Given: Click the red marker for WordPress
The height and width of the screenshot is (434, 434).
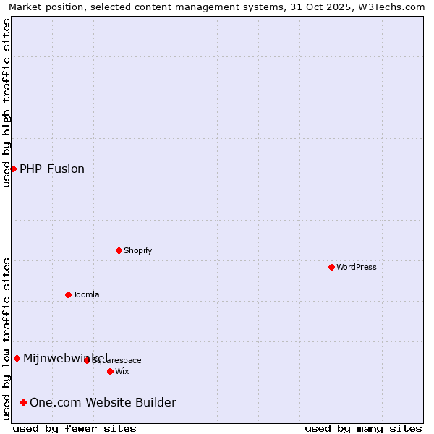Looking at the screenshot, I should (x=331, y=267).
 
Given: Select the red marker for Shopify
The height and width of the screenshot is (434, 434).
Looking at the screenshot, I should (x=119, y=250).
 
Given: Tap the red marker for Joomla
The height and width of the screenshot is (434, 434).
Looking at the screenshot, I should (x=68, y=294).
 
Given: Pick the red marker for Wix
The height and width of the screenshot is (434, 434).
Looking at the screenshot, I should (x=110, y=371).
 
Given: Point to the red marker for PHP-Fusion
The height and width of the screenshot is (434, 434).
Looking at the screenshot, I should (x=13, y=169).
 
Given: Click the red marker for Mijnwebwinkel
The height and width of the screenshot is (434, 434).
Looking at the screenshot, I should (x=17, y=358).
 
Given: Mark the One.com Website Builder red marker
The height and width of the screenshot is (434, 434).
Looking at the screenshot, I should (x=23, y=402).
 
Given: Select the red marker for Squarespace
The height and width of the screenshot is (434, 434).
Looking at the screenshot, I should (x=87, y=360).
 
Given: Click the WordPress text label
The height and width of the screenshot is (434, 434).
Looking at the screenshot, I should (x=357, y=267).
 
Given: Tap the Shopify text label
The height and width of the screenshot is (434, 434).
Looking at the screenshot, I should (x=137, y=250).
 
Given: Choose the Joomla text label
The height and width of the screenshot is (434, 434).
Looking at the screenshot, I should (x=86, y=294).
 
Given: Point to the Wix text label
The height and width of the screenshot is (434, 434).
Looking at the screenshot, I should (x=122, y=371).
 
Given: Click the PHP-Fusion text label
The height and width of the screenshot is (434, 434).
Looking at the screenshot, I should (x=52, y=169).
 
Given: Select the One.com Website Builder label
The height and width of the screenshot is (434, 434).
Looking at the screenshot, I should (x=103, y=402).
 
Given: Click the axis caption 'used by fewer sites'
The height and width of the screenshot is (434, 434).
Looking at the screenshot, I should (x=75, y=428).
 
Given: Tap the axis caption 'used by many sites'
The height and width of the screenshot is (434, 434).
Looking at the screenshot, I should (x=363, y=428).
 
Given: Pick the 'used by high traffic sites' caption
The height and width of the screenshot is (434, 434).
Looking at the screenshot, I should (x=7, y=103).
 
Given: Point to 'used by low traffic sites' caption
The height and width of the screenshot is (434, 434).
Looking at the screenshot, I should (x=7, y=339).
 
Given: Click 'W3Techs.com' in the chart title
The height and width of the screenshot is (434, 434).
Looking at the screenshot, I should (x=393, y=7).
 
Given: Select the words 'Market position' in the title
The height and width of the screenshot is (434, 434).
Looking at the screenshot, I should (x=43, y=7).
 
